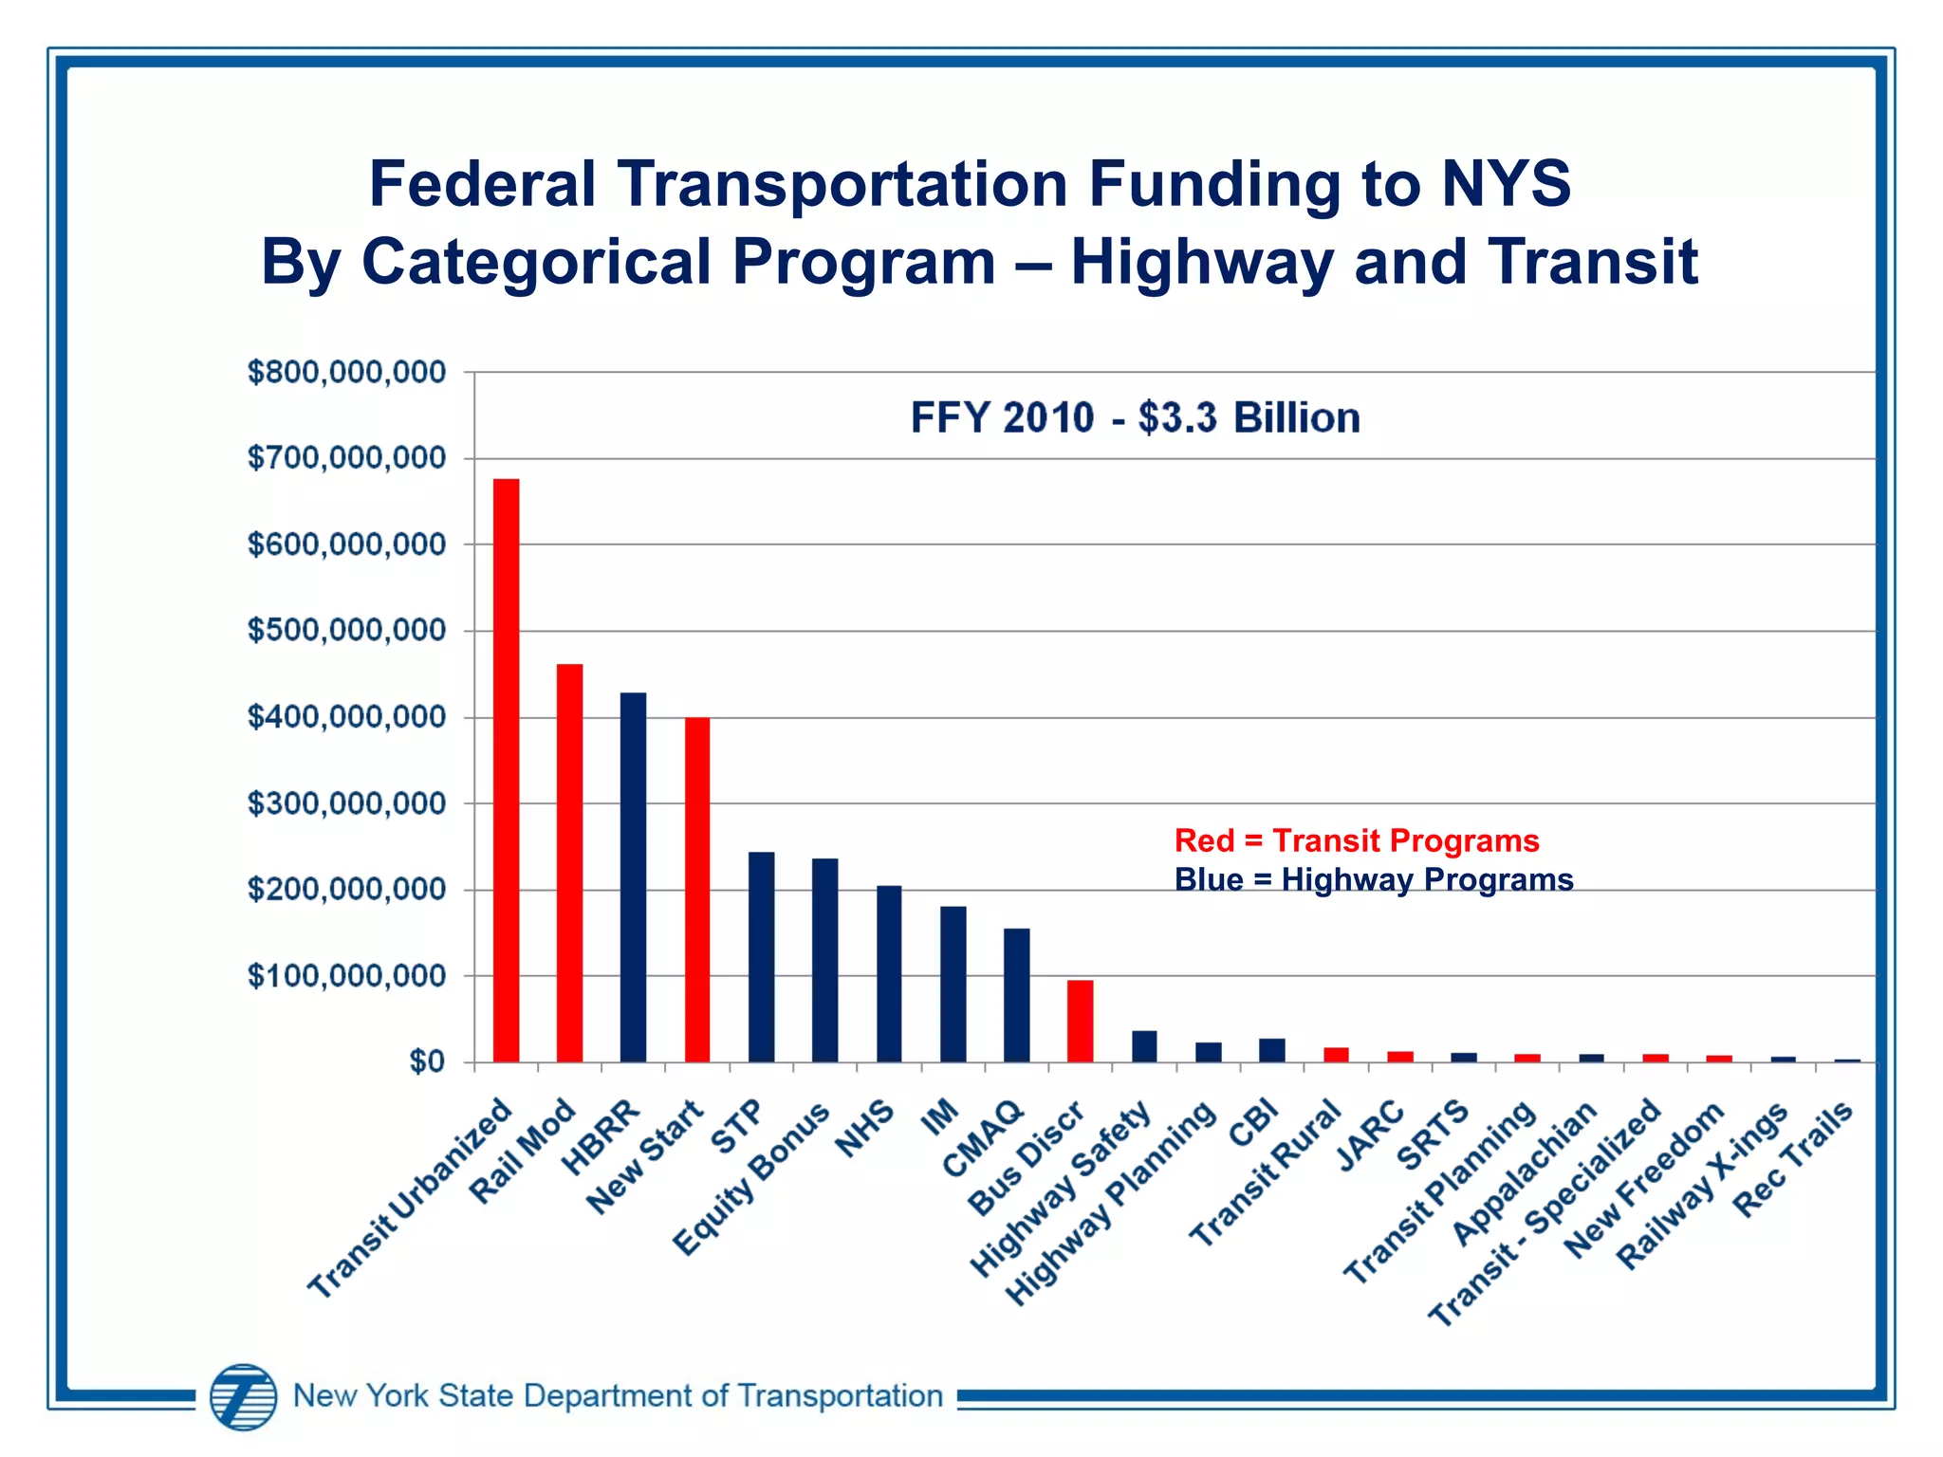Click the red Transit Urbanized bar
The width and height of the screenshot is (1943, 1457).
[x=506, y=770]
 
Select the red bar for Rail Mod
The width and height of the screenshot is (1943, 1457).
[x=569, y=863]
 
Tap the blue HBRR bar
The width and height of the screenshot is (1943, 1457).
[x=633, y=877]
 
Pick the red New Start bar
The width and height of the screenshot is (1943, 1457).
[x=697, y=890]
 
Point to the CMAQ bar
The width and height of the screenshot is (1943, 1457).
[x=1017, y=995]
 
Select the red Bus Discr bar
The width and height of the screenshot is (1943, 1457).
[x=1081, y=1021]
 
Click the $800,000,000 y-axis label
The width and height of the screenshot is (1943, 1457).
[x=346, y=373]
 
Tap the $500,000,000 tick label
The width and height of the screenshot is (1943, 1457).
[x=346, y=631]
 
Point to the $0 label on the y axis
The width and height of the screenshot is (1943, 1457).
[x=427, y=1062]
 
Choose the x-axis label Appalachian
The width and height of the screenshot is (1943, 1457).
[x=1526, y=1174]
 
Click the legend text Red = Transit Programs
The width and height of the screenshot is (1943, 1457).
[x=1357, y=841]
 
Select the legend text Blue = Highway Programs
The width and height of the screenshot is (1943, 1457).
[x=1374, y=880]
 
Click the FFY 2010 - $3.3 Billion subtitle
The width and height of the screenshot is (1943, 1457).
[x=1136, y=417]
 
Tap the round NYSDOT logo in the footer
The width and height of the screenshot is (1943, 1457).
[x=244, y=1396]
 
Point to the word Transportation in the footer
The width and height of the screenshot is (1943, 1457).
[x=840, y=1396]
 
